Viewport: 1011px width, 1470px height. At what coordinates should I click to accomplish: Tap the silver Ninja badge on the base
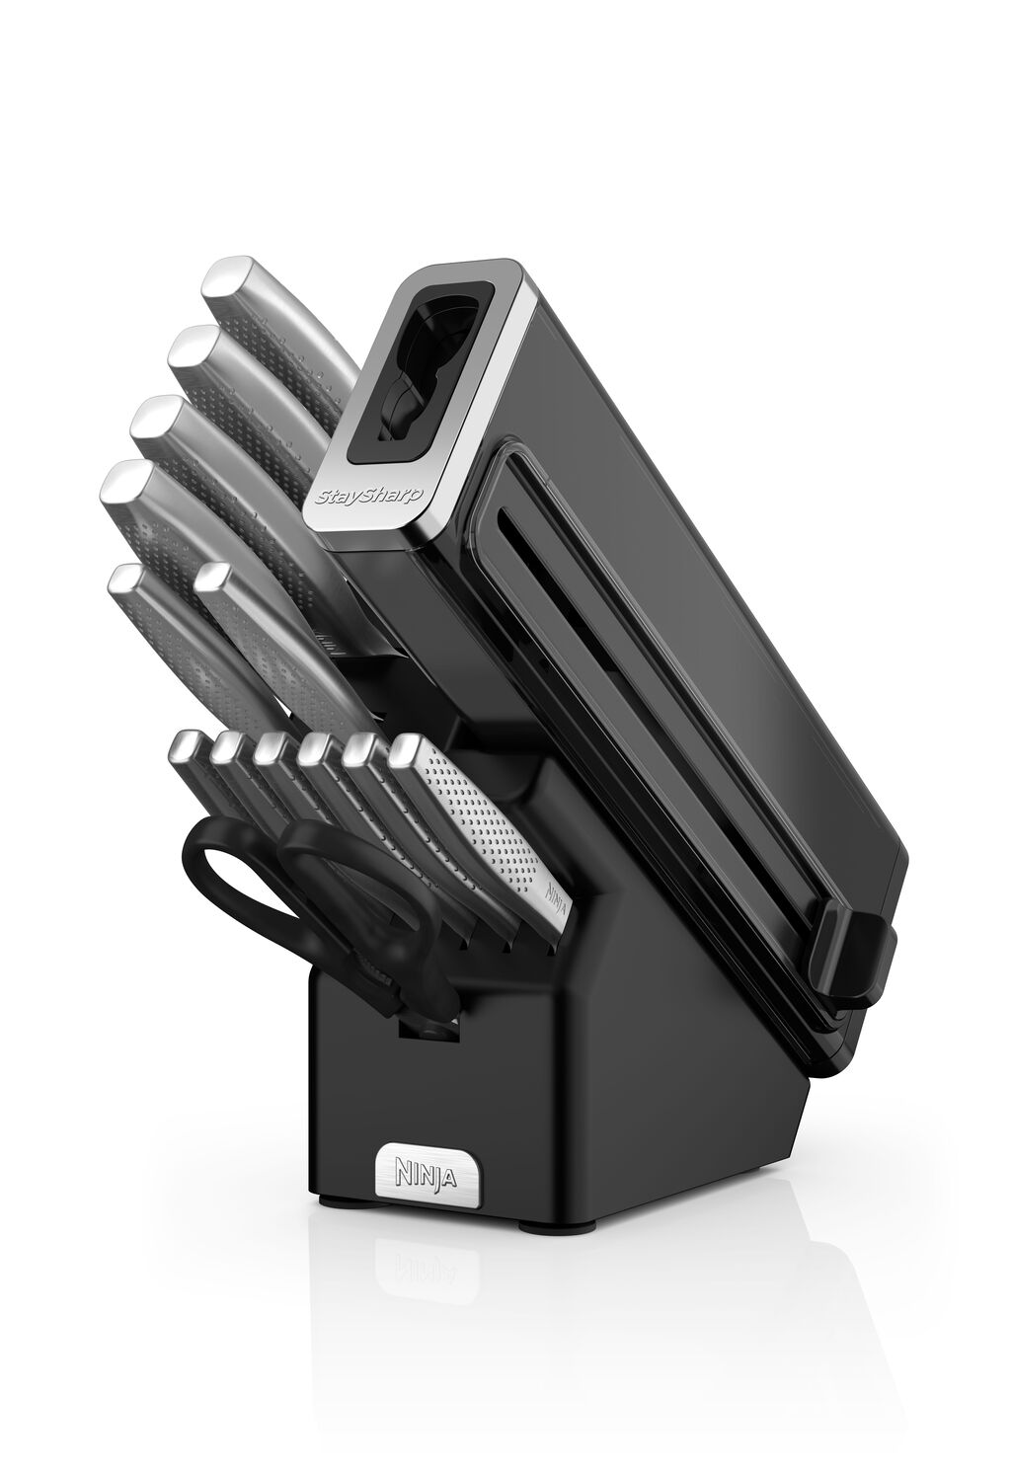[x=427, y=1174]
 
